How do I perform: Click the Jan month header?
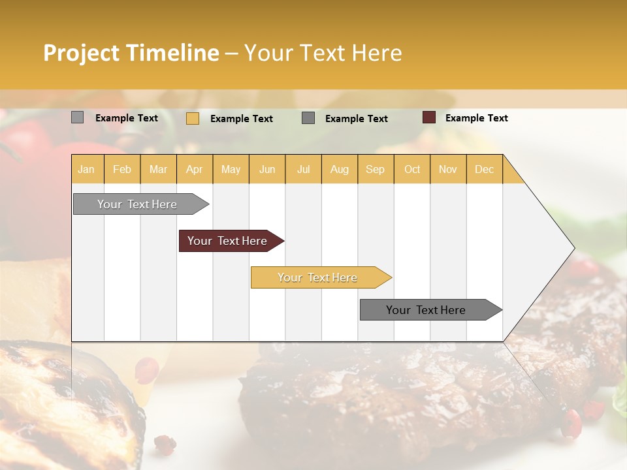[86, 169]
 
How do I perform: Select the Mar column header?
[158, 169]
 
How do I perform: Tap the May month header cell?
[231, 169]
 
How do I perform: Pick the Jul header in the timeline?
[303, 169]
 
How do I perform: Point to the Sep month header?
[375, 169]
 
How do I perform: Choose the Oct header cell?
[411, 169]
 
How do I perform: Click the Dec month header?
[484, 169]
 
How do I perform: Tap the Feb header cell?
[122, 169]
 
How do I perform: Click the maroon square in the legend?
[429, 117]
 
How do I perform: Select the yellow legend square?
[193, 118]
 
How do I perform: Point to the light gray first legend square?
[78, 117]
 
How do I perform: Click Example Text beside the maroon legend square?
[476, 118]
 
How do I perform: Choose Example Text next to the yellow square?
[241, 119]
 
